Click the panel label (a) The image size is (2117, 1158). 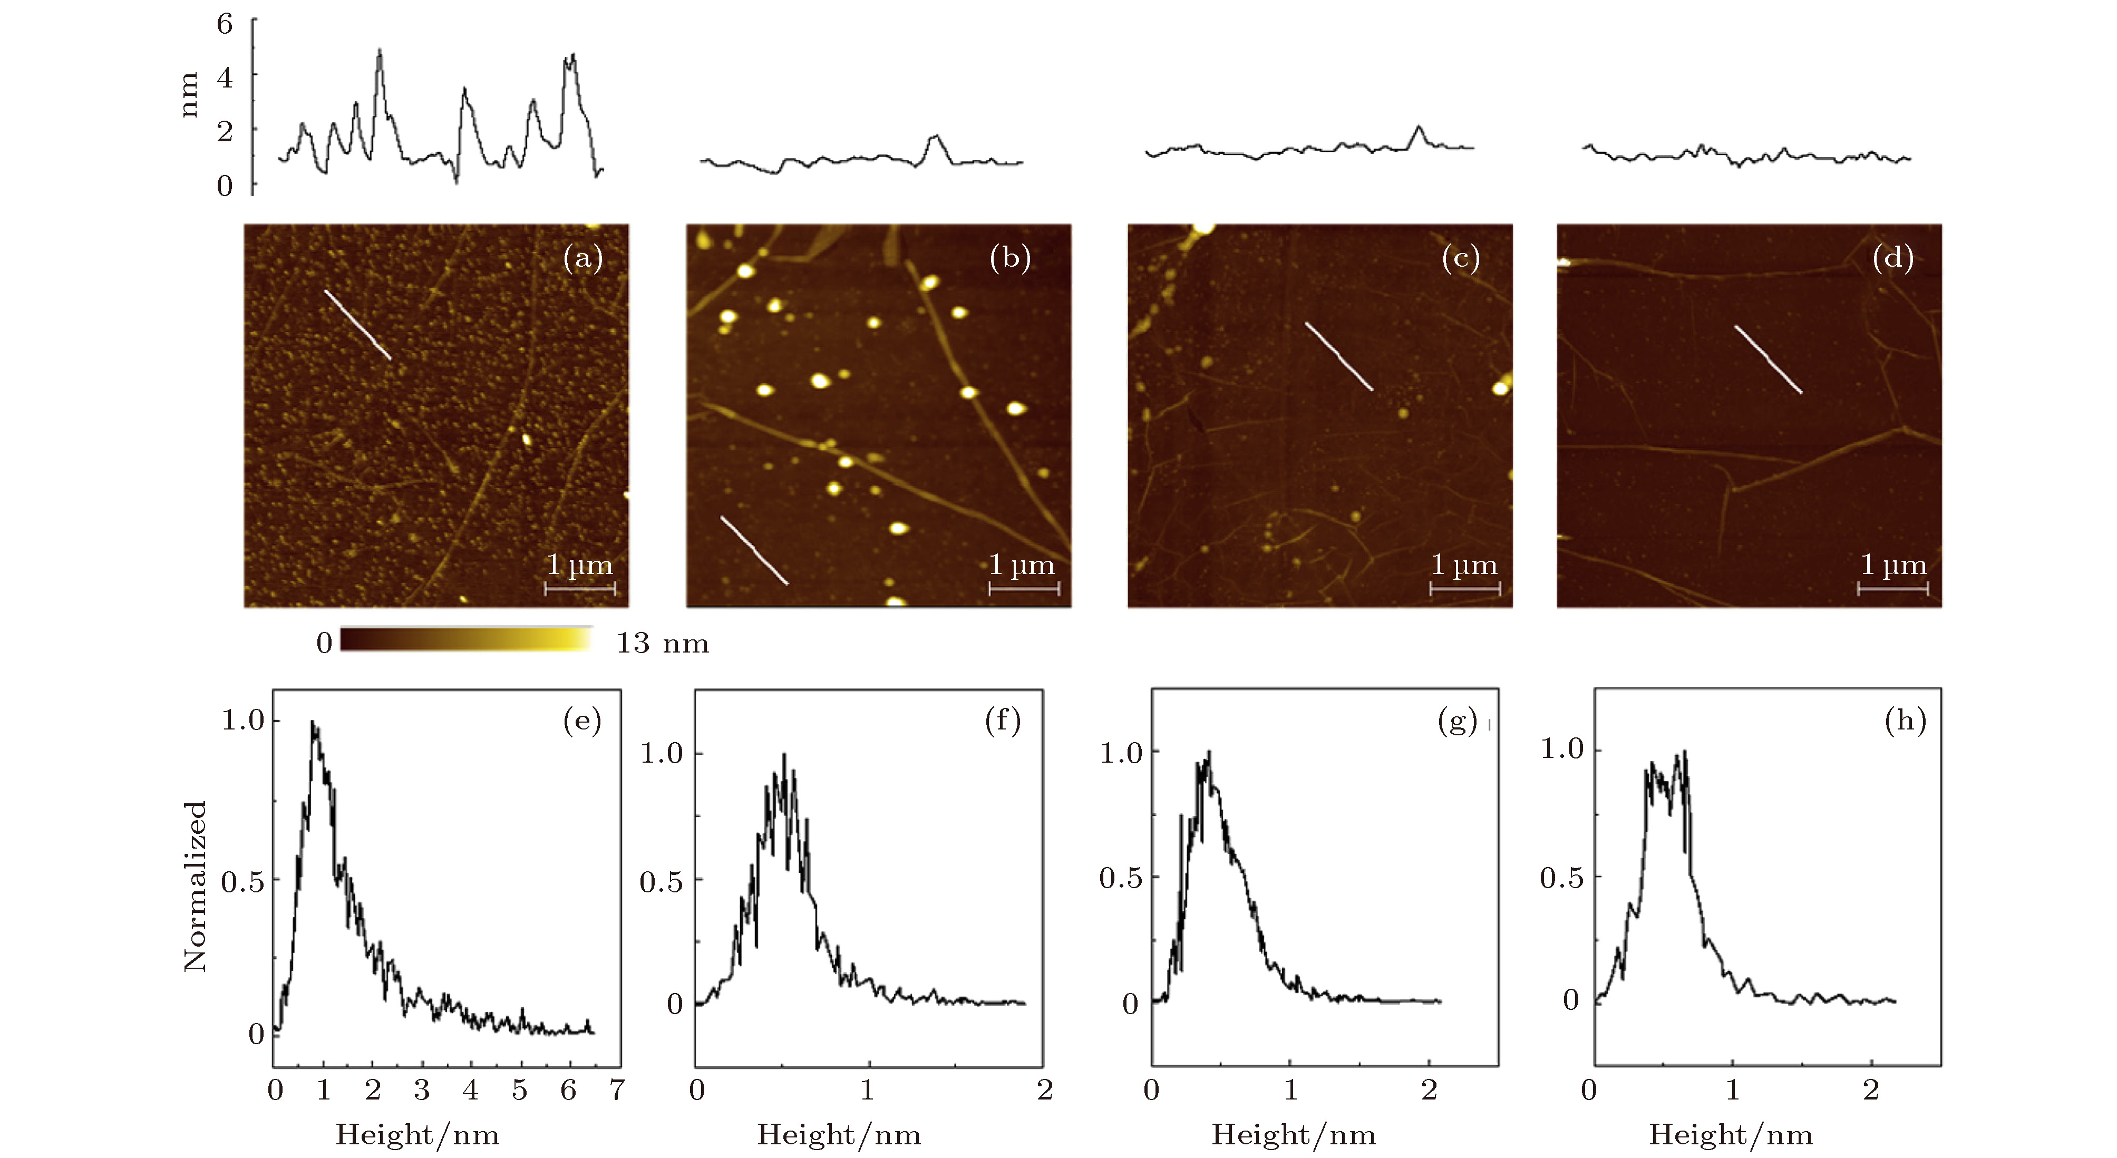[582, 259]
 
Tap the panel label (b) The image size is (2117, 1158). [1010, 259]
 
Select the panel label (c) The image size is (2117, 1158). [1460, 259]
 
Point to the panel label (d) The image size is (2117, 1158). [1892, 259]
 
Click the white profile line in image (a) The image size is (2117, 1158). [357, 325]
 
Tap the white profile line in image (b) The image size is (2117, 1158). [754, 551]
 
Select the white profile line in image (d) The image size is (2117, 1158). [1768, 359]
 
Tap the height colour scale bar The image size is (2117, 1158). [466, 639]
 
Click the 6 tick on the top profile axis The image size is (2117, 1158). [225, 24]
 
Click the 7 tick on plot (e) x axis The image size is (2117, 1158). [616, 1091]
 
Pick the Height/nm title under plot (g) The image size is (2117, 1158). [1293, 1135]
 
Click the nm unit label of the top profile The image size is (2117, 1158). [189, 94]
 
